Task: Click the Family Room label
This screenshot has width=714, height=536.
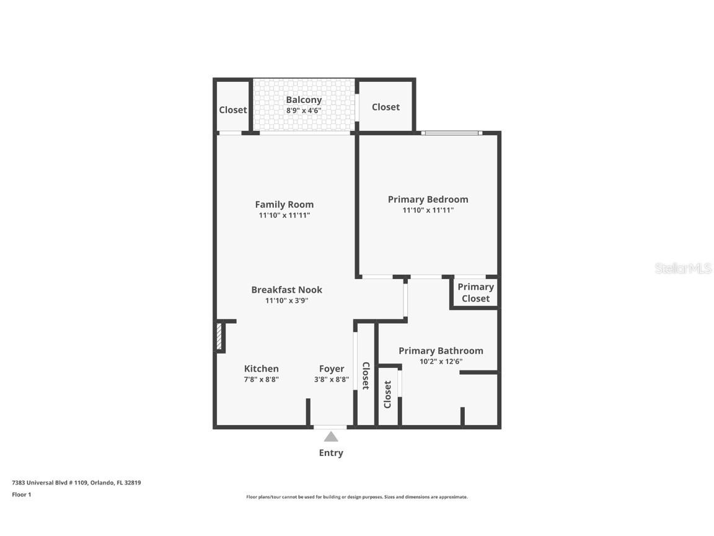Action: [x=284, y=204]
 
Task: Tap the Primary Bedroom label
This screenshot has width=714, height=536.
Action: [x=428, y=199]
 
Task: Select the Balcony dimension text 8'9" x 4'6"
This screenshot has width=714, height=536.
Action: [x=304, y=110]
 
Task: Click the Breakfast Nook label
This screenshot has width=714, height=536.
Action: [x=286, y=290]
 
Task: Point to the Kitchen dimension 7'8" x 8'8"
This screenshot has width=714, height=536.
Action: [x=261, y=379]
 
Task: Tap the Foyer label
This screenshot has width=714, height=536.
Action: [x=332, y=368]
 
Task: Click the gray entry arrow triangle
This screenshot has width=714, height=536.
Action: [x=331, y=437]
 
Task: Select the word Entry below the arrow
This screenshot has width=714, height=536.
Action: [x=331, y=453]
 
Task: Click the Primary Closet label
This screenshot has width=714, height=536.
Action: [x=475, y=292]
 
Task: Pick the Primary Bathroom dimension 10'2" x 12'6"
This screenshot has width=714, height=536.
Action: [x=441, y=362]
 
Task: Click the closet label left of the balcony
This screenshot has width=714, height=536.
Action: [x=233, y=110]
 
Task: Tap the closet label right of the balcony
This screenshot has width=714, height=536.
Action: [x=386, y=107]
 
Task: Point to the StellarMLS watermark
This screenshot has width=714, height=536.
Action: [x=683, y=269]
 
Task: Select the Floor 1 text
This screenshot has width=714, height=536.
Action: [x=21, y=494]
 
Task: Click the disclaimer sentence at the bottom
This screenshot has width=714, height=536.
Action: [x=357, y=497]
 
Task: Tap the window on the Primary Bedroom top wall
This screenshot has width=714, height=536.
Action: [x=451, y=133]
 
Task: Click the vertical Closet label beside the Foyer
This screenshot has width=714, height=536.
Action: [x=366, y=375]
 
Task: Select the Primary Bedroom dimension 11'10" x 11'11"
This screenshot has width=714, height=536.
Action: [x=428, y=210]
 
